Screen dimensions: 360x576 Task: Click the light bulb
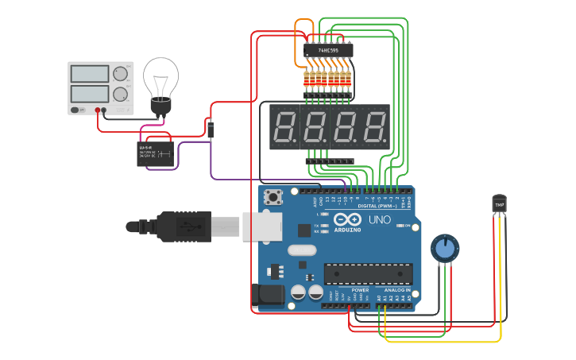pyautogui.click(x=160, y=83)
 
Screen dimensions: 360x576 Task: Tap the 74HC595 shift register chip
pyautogui.click(x=328, y=50)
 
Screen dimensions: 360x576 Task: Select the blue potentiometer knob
pyautogui.click(x=445, y=249)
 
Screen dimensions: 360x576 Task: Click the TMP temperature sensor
pyautogui.click(x=499, y=204)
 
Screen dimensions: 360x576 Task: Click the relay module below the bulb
pyautogui.click(x=156, y=153)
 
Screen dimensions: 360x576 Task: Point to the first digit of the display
pyautogui.click(x=285, y=127)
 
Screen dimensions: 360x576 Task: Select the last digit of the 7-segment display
pyautogui.click(x=373, y=127)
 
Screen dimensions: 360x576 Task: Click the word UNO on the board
pyautogui.click(x=378, y=219)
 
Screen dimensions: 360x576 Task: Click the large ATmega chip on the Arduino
pyautogui.click(x=368, y=274)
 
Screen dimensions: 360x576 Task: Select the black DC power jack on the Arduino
pyautogui.click(x=267, y=296)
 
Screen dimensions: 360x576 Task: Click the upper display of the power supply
pyautogui.click(x=90, y=74)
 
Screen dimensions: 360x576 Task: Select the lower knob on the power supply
pyautogui.click(x=120, y=94)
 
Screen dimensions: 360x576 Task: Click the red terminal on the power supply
pyautogui.click(x=98, y=110)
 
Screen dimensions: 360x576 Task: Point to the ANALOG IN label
pyautogui.click(x=397, y=290)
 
